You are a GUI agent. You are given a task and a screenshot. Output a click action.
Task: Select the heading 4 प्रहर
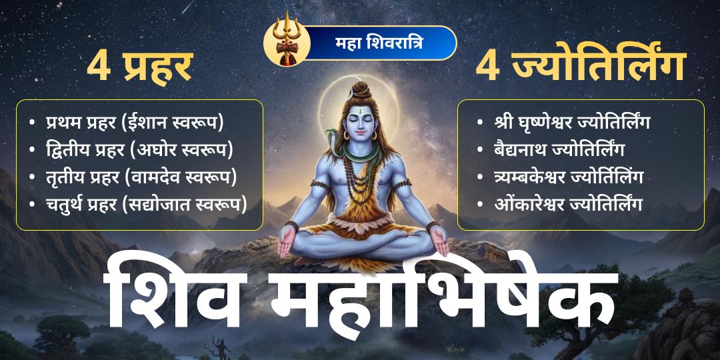tap(141, 68)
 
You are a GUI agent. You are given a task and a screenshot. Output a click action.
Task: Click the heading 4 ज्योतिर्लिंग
tap(581, 68)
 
